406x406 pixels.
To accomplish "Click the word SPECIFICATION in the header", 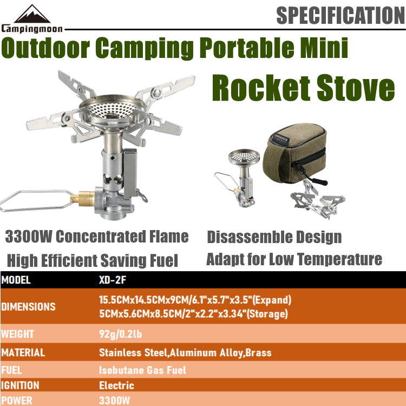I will (x=340, y=15).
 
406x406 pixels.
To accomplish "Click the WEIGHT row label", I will (x=17, y=333).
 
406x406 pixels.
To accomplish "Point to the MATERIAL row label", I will (x=23, y=352).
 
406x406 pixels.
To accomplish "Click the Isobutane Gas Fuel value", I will (x=142, y=370).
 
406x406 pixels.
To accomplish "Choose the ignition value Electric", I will (x=116, y=385).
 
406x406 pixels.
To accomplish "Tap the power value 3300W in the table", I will (x=115, y=401).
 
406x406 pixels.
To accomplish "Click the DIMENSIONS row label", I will (x=28, y=306).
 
